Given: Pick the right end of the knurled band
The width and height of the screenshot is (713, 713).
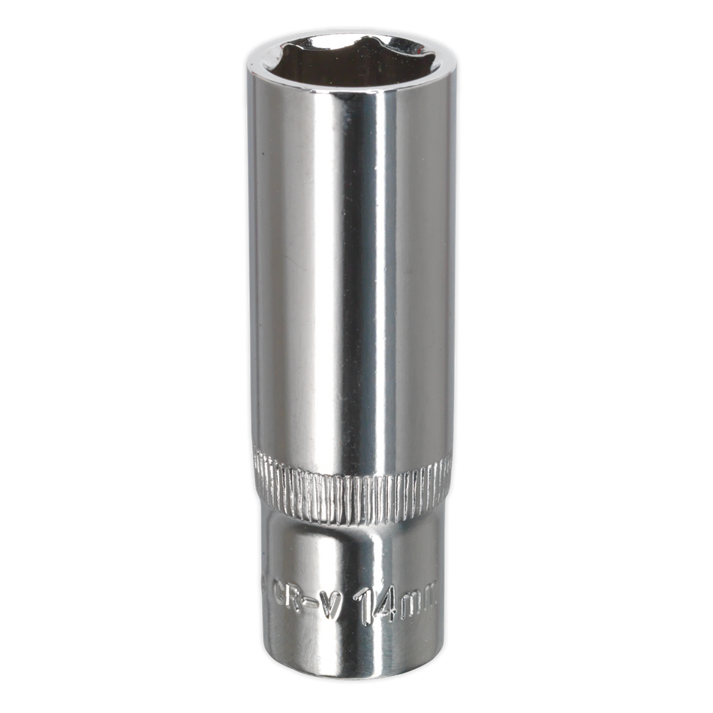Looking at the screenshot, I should pos(448,480).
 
